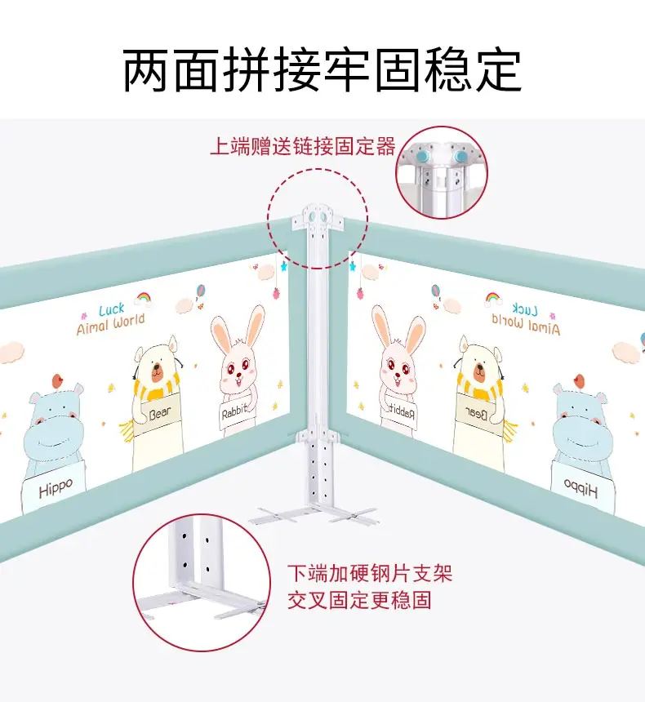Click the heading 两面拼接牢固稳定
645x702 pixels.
click(322, 70)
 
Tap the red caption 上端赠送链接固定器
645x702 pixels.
click(303, 147)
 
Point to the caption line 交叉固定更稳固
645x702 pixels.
click(359, 602)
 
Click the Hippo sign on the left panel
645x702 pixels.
click(56, 487)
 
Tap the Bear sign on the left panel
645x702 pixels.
click(161, 414)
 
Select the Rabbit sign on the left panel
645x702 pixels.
click(234, 413)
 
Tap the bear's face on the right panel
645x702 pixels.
click(480, 367)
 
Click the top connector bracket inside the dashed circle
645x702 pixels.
click(318, 217)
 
